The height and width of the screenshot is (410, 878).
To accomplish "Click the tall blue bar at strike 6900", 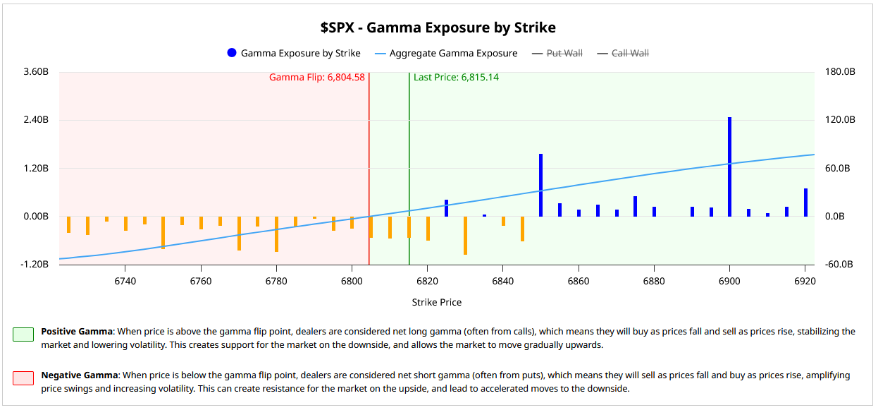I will (729, 167).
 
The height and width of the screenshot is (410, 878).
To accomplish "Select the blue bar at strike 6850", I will (540, 185).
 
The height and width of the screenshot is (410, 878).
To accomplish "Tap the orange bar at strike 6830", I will (465, 236).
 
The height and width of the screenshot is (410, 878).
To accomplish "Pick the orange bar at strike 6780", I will (276, 234).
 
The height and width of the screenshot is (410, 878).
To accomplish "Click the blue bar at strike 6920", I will (805, 203).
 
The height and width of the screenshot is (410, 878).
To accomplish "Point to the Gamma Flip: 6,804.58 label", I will (317, 77).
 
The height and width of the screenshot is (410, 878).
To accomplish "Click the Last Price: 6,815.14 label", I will (456, 77).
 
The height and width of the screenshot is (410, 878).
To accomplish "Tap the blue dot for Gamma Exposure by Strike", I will (232, 53).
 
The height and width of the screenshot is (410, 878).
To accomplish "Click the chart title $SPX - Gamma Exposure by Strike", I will (438, 28).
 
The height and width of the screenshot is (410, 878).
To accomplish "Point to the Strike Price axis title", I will (437, 302).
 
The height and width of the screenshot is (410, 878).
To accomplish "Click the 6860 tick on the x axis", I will (579, 280).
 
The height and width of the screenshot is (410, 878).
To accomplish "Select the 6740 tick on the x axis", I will (125, 280).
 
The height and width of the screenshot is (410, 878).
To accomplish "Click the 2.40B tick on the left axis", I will (36, 120).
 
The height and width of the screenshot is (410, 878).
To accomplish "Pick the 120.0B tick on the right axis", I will (841, 120).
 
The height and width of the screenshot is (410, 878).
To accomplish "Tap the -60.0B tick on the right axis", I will (841, 264).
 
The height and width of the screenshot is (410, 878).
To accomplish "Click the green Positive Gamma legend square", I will (23, 334).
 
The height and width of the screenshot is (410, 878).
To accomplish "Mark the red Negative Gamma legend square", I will (23, 378).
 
